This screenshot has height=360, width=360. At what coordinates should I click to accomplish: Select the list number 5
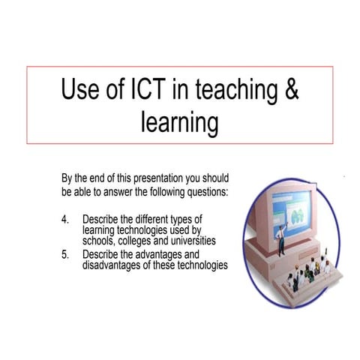click(65, 255)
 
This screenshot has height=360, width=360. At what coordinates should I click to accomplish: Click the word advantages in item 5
click(160, 255)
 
